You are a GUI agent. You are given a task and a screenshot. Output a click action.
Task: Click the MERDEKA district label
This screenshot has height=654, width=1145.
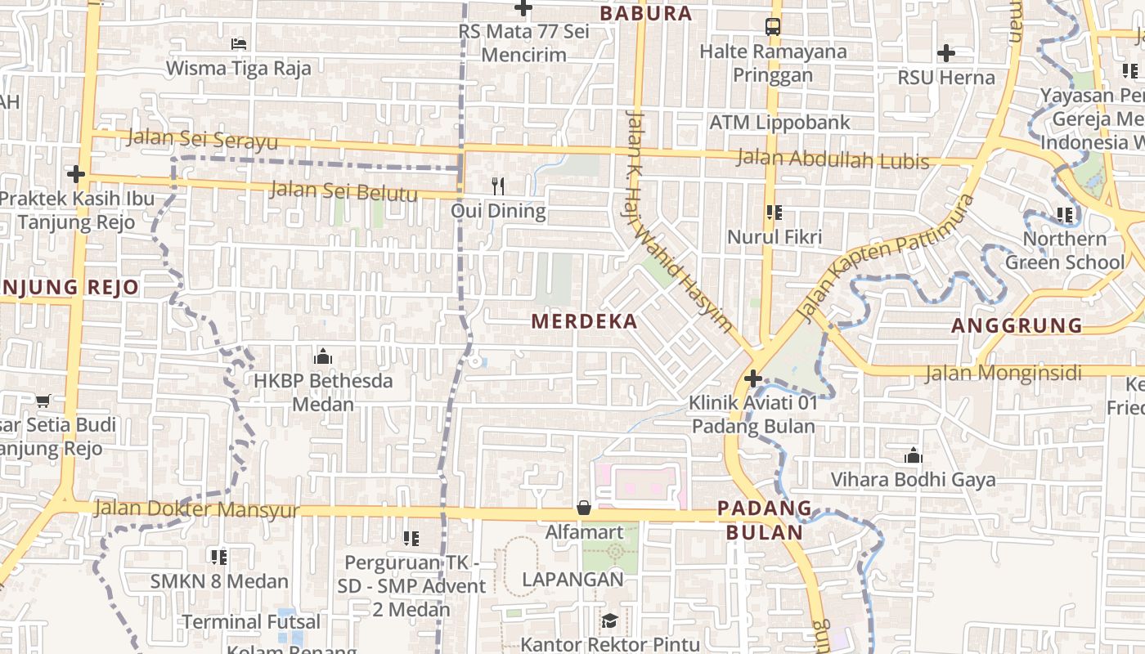pos(584,321)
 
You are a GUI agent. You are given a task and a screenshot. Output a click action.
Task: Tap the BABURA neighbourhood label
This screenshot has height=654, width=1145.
pos(646,14)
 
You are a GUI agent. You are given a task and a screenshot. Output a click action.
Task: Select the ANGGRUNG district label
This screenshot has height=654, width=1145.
pos(1017,325)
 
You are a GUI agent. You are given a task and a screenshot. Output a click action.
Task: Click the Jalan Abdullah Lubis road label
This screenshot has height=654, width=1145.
pos(833,159)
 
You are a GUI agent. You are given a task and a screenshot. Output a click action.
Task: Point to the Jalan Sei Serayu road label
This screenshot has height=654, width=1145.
pos(202,140)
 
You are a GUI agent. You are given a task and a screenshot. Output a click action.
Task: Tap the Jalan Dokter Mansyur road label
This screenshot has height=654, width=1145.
pos(197,509)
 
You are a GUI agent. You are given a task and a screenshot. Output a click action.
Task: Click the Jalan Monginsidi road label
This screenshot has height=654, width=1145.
pos(1003,374)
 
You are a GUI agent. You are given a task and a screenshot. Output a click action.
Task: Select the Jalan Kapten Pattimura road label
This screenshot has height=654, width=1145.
pos(887,256)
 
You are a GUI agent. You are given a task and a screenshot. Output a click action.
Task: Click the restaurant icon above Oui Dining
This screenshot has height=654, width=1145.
pos(498,186)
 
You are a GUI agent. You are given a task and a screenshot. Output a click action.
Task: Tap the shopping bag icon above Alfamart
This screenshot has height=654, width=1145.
pos(584,508)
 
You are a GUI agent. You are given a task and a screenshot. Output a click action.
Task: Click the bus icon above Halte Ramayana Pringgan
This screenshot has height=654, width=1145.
pos(772,27)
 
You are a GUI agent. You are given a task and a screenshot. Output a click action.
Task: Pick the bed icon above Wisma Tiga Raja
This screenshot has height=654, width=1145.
pos(238,43)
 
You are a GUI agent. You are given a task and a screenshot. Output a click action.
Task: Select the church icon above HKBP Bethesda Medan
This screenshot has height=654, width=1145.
pos(322,356)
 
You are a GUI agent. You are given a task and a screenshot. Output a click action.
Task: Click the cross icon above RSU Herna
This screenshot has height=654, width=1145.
pos(946,54)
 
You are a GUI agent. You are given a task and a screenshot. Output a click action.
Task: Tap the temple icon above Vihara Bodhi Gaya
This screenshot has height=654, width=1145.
pos(914,455)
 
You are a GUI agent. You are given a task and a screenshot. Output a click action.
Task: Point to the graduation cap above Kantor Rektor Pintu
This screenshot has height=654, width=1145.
pos(608,621)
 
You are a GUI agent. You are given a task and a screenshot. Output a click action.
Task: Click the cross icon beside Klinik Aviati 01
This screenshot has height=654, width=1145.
pos(753,379)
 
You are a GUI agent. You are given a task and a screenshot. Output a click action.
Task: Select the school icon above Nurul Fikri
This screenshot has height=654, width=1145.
pos(774,213)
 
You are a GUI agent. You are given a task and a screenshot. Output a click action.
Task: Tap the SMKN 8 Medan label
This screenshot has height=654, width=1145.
pos(219,582)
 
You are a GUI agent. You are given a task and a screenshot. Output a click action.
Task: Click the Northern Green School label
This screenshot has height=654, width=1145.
pos(1065,250)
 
